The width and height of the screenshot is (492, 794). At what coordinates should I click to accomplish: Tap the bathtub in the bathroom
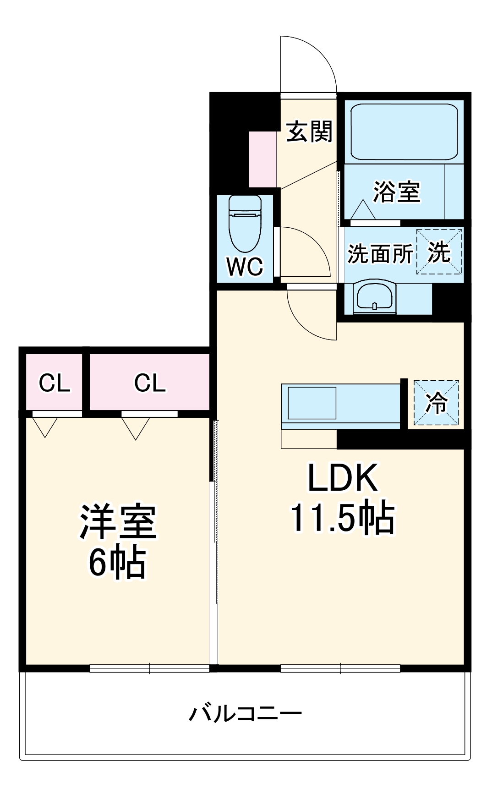point(404,131)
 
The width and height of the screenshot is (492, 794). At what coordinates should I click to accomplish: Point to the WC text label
point(245,266)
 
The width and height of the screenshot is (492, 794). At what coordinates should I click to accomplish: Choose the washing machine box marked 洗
point(439,252)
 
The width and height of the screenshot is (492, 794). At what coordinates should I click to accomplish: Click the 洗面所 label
point(380,253)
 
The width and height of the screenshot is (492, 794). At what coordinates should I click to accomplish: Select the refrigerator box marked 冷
point(436,403)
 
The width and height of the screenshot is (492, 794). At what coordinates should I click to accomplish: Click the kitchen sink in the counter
point(312,402)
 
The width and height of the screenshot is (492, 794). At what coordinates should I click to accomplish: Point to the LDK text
point(343,477)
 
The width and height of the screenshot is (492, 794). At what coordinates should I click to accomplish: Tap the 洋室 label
point(118,522)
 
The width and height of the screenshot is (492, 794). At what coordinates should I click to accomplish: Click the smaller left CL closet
point(54,382)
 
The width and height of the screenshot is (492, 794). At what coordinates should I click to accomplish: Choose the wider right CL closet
point(149,382)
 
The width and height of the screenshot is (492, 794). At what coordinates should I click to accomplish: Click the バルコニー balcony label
point(246,714)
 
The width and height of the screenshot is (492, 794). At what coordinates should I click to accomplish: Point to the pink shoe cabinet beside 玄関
point(262,159)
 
